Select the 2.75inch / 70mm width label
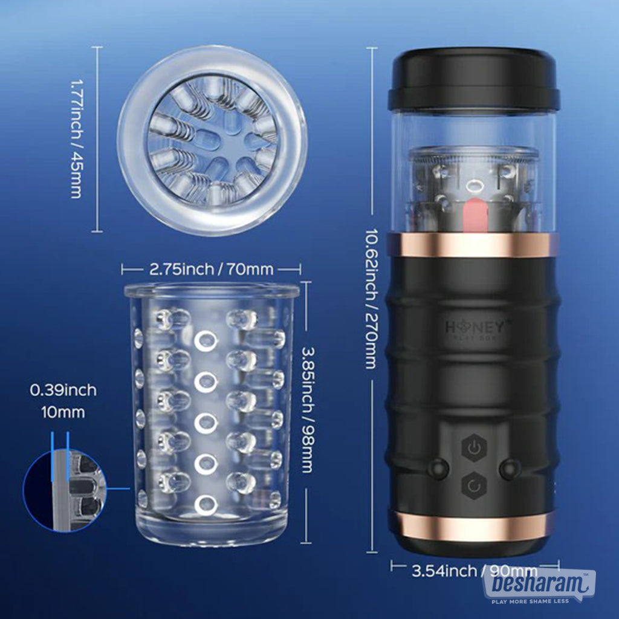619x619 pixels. point(212,268)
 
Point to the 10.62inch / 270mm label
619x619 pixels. point(370,299)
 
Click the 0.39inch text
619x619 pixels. point(63,390)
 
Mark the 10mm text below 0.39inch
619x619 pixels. point(63,413)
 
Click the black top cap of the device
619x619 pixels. point(473,78)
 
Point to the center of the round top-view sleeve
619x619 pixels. point(212,140)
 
